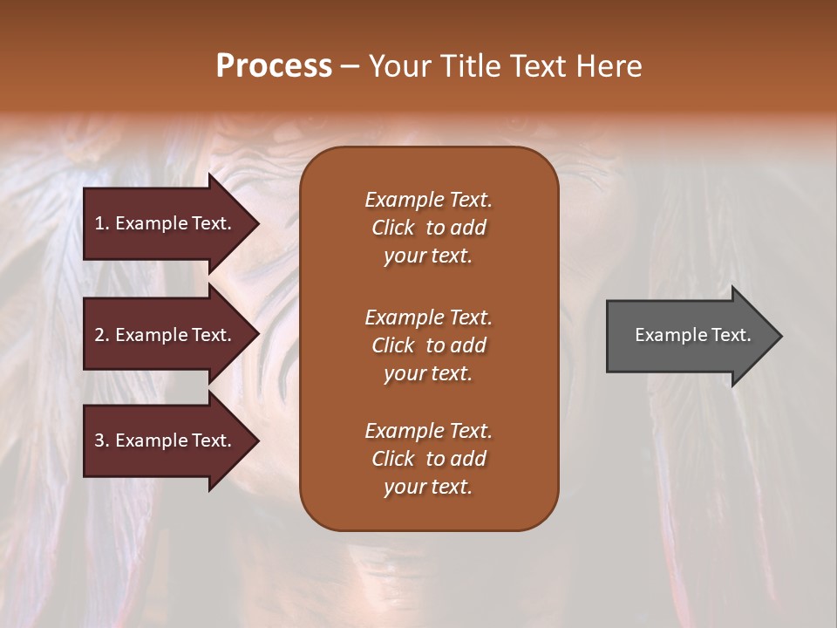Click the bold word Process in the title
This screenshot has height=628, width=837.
tap(274, 66)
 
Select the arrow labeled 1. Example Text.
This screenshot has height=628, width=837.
tap(166, 223)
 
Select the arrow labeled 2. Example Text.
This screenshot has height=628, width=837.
tap(166, 335)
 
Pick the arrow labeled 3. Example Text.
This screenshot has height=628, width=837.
tap(166, 440)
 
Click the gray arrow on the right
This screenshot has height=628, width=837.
tap(689, 336)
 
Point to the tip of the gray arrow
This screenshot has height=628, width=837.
tap(780, 336)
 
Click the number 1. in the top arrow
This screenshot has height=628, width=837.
tap(102, 223)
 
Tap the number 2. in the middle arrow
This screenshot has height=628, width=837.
tap(102, 335)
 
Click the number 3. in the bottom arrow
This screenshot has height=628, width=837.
tap(102, 440)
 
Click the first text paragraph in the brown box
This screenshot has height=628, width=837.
tap(428, 228)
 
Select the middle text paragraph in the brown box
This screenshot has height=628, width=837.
tap(428, 345)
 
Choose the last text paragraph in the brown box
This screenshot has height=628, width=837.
tap(428, 459)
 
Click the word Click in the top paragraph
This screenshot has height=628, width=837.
tap(392, 228)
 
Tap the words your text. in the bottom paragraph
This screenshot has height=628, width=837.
tap(428, 488)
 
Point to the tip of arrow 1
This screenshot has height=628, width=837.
tap(257, 223)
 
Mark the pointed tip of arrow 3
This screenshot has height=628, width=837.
tap(257, 440)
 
